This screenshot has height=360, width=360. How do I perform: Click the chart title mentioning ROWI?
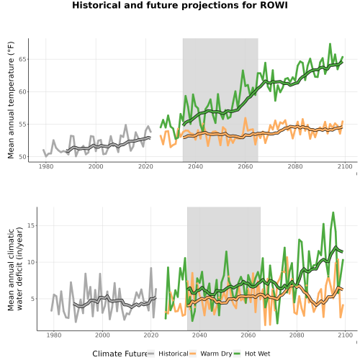pyautogui.click(x=180, y=5)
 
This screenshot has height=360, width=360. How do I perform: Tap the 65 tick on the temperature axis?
pyautogui.click(x=22, y=59)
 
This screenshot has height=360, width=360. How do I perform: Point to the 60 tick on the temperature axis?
pyautogui.click(x=22, y=91)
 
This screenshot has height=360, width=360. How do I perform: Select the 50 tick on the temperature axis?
pyautogui.click(x=22, y=157)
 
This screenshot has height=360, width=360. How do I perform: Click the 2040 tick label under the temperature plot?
pyautogui.click(x=195, y=166)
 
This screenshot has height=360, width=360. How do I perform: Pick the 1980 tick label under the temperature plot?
pyautogui.click(x=46, y=166)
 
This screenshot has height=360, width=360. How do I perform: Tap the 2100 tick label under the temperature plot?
pyautogui.click(x=345, y=166)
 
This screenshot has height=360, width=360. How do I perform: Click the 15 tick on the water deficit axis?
pyautogui.click(x=31, y=225)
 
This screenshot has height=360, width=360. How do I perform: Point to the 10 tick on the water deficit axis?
pyautogui.click(x=31, y=262)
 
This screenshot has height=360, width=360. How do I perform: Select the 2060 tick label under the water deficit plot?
pyautogui.click(x=248, y=335)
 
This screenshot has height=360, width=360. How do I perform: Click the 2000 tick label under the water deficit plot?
pyautogui.click(x=102, y=335)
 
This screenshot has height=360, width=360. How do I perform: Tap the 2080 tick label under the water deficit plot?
pyautogui.click(x=297, y=335)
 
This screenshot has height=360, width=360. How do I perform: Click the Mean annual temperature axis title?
pyautogui.click(x=11, y=100)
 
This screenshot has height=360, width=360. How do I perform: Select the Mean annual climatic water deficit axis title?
pyautogui.click(x=15, y=269)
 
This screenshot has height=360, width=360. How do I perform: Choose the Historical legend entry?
pyautogui.click(x=168, y=354)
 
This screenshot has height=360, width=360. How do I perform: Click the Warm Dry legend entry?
pyautogui.click(x=211, y=354)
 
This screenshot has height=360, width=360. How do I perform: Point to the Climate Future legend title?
pyautogui.click(x=120, y=354)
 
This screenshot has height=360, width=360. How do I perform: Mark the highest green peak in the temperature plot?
pyautogui.click(x=330, y=44)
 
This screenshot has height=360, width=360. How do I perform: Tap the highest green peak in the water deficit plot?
pyautogui.click(x=333, y=212)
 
